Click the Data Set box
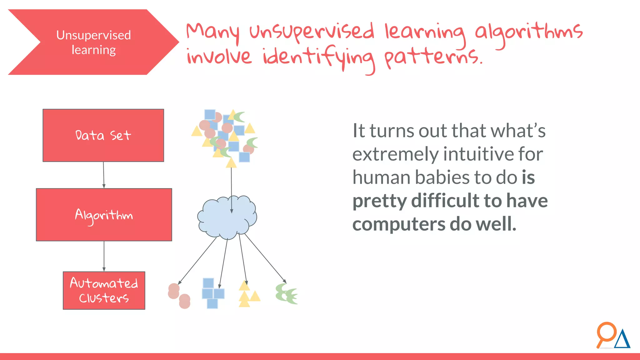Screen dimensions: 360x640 (x=103, y=135)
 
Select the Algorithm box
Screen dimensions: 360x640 (x=104, y=215)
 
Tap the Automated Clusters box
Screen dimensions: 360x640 (x=104, y=290)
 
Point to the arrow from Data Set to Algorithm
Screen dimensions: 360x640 (x=104, y=175)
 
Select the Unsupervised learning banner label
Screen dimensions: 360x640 (x=93, y=42)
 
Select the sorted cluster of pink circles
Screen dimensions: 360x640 (x=179, y=296)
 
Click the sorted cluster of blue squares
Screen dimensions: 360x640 (x=212, y=293)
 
